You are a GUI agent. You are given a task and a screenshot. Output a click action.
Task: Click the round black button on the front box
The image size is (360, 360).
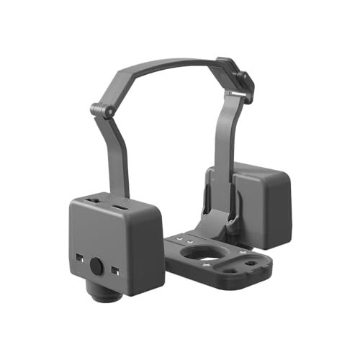click(x=96, y=266)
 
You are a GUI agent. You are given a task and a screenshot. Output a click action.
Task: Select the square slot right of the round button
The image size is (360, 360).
click(x=115, y=270)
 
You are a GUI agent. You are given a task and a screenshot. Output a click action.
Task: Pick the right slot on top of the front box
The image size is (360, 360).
click(x=120, y=209)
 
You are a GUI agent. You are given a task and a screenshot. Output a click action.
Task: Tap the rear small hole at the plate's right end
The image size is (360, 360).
click(x=250, y=264)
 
